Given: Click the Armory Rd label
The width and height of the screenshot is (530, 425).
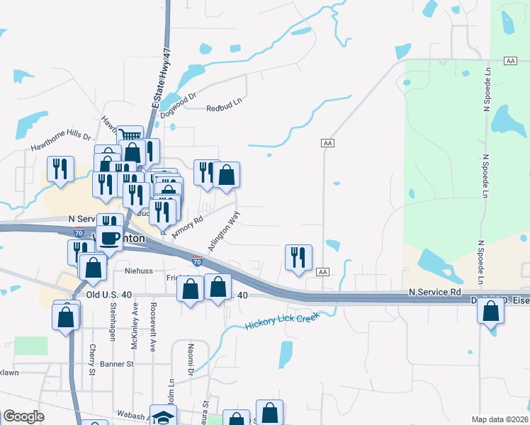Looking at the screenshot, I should pos(187,227).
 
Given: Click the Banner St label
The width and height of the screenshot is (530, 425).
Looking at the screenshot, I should pos(116,364).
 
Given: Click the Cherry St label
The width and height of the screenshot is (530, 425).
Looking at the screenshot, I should pos(92,360).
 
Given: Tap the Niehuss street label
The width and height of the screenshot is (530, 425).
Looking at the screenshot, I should pos(139,270).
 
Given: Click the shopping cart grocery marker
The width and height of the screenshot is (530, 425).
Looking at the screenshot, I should pos(130,136).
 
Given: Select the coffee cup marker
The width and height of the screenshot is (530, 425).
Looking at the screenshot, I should pos(110,237).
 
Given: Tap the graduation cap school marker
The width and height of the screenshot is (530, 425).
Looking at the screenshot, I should pos(164,416).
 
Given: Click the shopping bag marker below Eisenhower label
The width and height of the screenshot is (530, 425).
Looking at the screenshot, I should pos(490,310).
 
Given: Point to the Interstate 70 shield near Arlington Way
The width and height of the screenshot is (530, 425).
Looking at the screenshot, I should pos(196,261).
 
